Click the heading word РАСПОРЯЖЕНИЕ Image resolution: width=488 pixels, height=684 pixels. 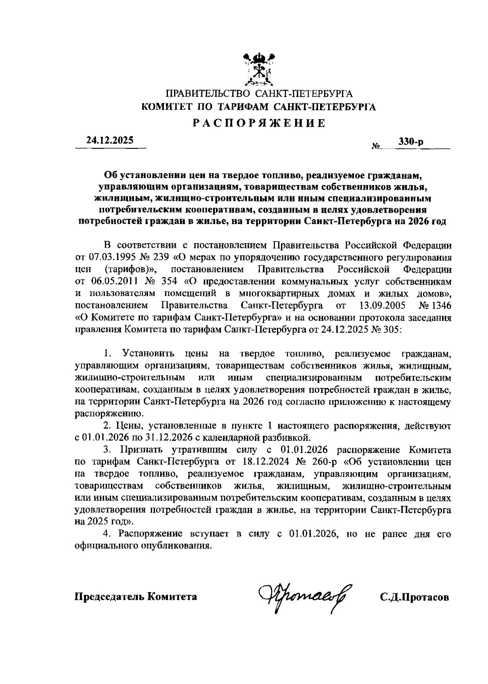[259, 123]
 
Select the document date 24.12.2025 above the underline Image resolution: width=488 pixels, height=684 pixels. [110, 141]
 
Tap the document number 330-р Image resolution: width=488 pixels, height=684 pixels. [411, 142]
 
